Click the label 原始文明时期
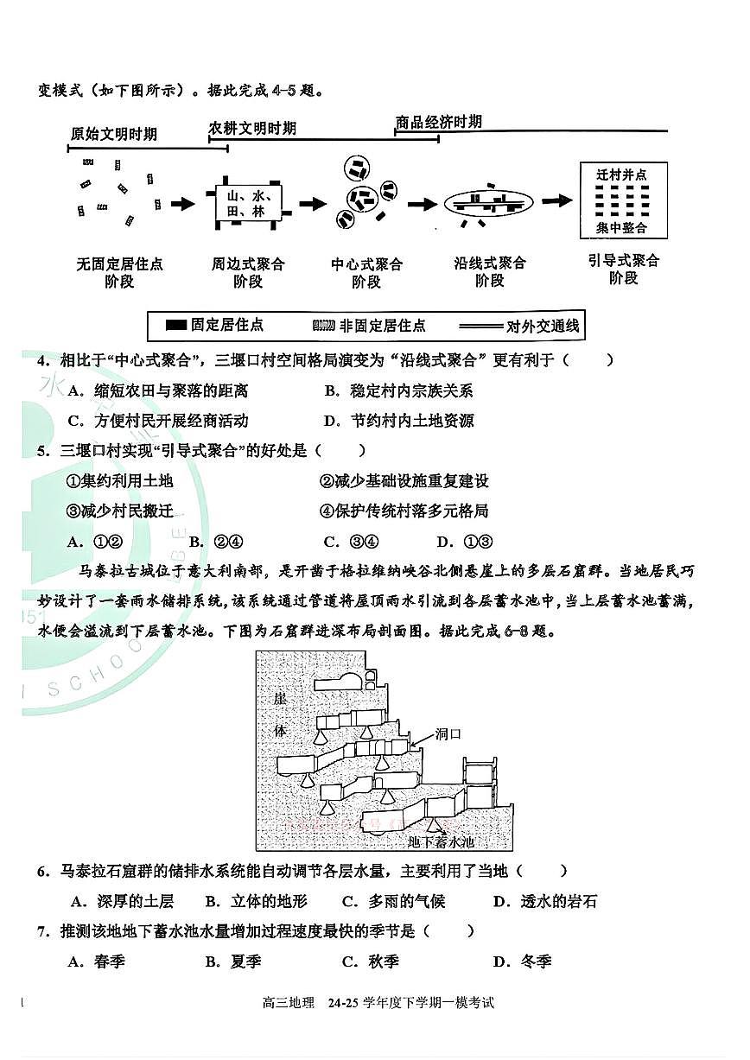(x=114, y=135)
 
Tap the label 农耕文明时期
(x=252, y=128)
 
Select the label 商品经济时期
(x=438, y=122)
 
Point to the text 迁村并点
(x=620, y=175)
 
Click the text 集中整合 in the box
(x=620, y=228)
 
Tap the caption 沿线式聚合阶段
(x=490, y=272)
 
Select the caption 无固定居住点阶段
(x=119, y=272)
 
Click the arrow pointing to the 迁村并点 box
(x=557, y=200)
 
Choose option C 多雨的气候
(x=394, y=902)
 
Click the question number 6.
(x=41, y=872)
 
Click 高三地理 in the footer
(x=289, y=1003)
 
